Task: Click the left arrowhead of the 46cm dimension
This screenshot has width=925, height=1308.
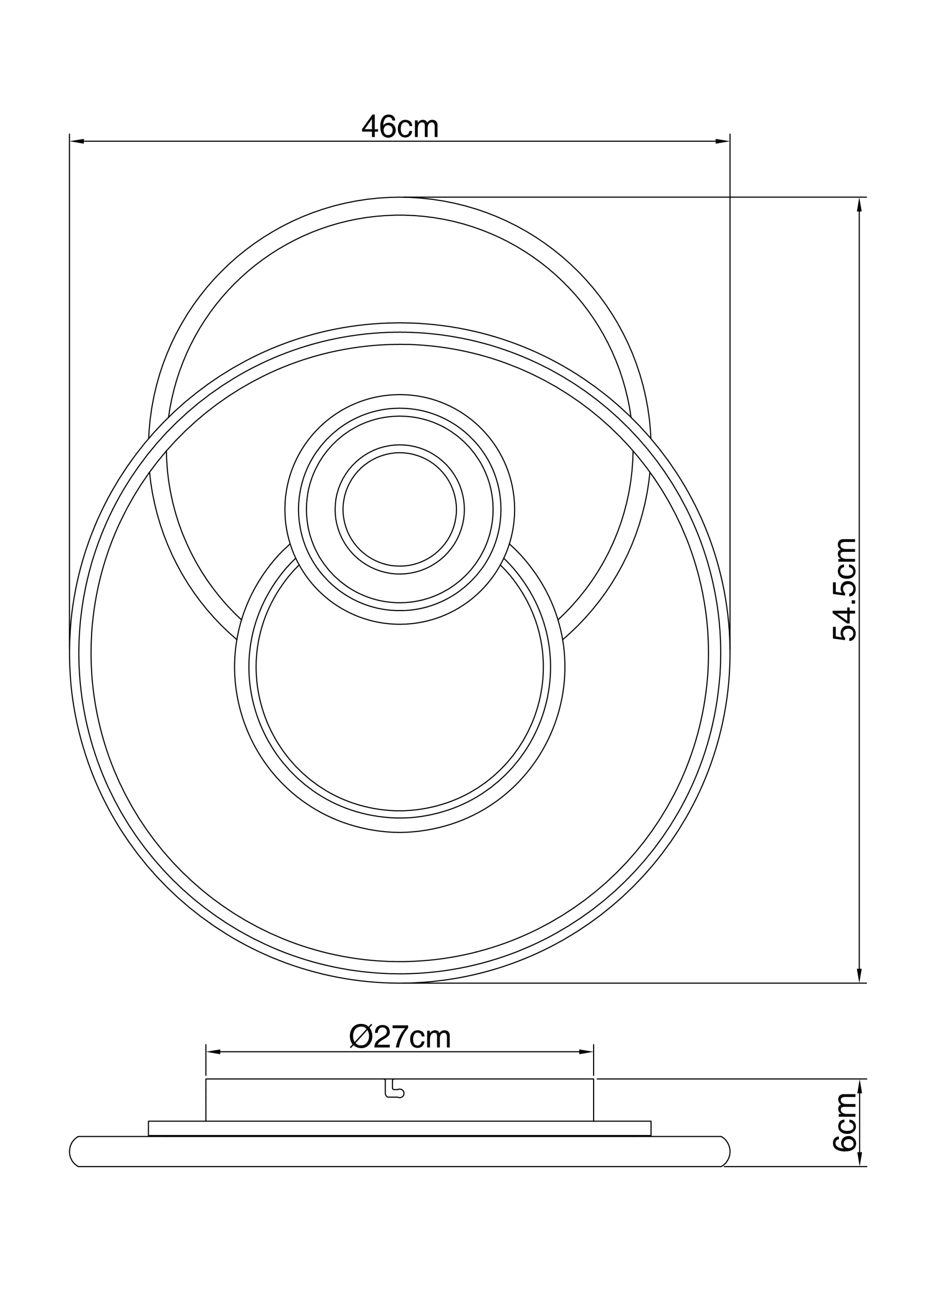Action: click(x=77, y=141)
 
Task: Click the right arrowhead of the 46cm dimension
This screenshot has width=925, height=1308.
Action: click(x=723, y=141)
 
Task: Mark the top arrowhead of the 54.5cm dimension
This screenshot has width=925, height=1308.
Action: click(x=859, y=205)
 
